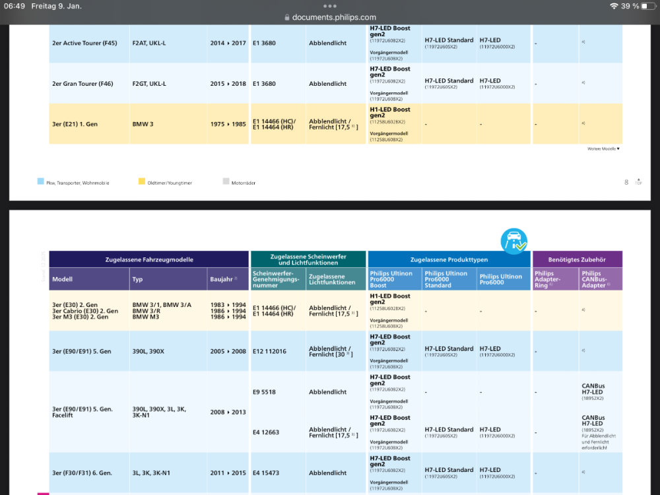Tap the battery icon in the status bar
(648, 6)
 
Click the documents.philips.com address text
(334, 18)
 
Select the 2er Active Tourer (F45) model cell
(84, 44)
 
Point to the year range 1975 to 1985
(228, 124)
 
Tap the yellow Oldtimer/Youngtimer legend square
(142, 181)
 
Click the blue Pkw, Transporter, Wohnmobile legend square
(41, 181)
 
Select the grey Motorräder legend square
(226, 181)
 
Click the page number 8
(626, 182)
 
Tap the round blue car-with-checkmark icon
(513, 241)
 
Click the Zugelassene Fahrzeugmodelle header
(149, 259)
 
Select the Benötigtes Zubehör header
(577, 259)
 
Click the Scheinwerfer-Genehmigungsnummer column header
(277, 279)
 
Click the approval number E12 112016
(269, 352)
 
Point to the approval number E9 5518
(264, 392)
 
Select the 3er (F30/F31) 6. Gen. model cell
(82, 473)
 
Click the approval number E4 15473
(267, 473)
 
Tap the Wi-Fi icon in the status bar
(614, 6)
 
